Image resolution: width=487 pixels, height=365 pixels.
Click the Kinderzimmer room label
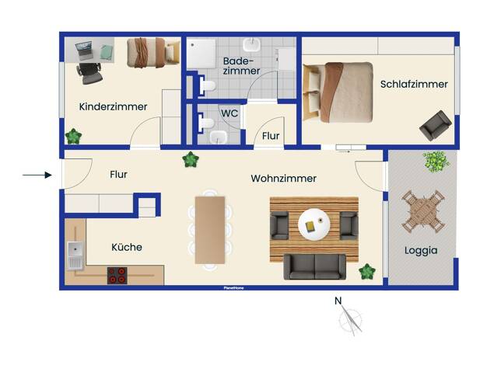[113, 106]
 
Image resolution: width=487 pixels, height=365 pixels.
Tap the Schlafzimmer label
[414, 84]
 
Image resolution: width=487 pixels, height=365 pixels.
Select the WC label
[229, 113]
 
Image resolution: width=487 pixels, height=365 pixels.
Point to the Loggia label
[421, 250]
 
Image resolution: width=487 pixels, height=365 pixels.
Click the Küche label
[127, 247]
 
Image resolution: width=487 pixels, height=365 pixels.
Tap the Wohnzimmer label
[284, 179]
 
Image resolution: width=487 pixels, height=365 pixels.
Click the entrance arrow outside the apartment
[37, 175]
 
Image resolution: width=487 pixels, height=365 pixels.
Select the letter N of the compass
[338, 301]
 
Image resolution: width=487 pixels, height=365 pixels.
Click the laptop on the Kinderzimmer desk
[84, 50]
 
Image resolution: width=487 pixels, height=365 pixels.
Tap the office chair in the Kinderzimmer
[89, 73]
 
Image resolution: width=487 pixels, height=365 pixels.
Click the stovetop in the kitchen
[117, 276]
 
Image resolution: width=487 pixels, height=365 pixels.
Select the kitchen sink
[75, 255]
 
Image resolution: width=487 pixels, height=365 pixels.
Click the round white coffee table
[314, 225]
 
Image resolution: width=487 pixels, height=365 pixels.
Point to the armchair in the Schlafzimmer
[436, 126]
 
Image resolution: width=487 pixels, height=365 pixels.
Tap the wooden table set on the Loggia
[423, 211]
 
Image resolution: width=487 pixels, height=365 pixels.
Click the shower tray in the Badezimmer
[201, 53]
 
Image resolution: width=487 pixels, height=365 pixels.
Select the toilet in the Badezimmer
[206, 85]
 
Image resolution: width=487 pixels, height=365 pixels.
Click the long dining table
[210, 230]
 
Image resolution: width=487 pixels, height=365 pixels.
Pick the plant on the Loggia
[436, 162]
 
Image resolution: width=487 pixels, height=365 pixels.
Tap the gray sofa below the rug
[314, 266]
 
